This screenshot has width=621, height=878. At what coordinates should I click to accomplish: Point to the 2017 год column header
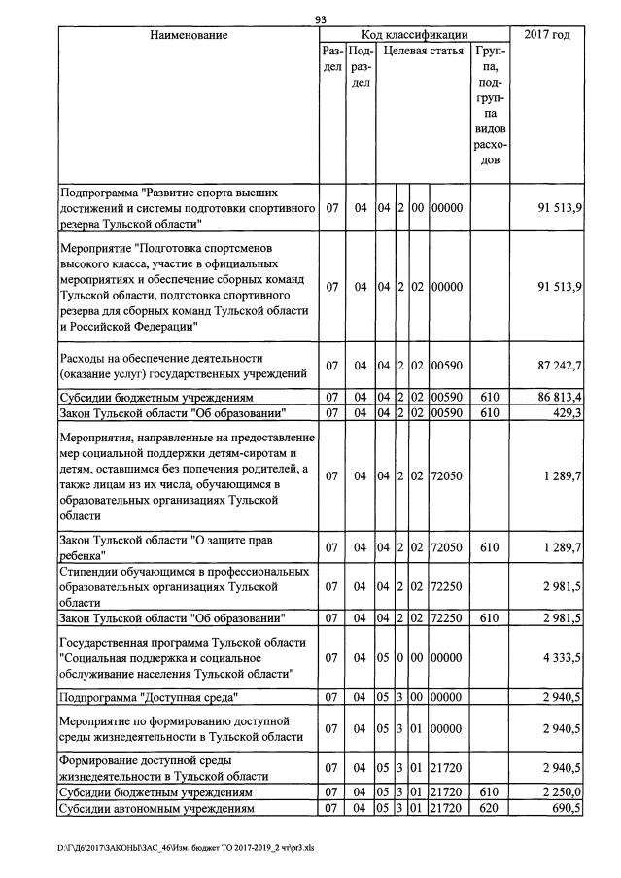[x=547, y=35]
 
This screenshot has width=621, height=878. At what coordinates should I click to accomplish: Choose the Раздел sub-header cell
[x=332, y=58]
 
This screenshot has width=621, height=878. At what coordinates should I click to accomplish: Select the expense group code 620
[x=490, y=809]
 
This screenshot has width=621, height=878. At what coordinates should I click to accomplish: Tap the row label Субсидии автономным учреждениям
[x=156, y=809]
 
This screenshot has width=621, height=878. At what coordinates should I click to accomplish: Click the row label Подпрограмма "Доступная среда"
[x=149, y=697]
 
